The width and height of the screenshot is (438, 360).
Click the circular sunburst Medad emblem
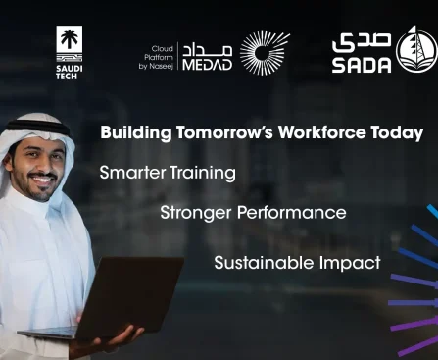click(264, 53)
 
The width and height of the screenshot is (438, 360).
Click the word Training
click(203, 173)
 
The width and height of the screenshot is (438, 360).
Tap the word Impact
click(350, 264)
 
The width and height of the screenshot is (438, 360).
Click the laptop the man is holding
click(126, 294)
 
